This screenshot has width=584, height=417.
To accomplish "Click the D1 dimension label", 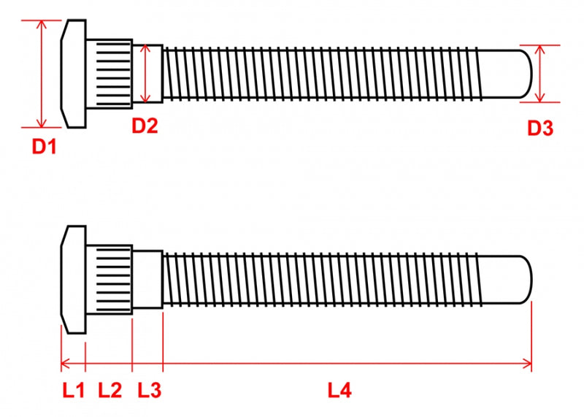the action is [44, 146].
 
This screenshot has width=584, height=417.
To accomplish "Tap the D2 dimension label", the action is [145, 126].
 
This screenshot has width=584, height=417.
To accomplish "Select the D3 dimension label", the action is [540, 129].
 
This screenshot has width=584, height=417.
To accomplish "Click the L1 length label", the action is [73, 390].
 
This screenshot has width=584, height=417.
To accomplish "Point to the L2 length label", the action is [110, 390].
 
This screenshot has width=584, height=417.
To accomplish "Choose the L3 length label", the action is [150, 390].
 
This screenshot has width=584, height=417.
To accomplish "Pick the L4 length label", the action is [339, 390].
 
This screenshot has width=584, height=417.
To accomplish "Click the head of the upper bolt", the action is [74, 74].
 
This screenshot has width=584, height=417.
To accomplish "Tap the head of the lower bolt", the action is [74, 280].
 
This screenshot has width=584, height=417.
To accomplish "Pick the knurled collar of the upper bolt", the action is [109, 74].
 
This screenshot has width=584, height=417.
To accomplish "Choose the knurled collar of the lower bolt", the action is [109, 280].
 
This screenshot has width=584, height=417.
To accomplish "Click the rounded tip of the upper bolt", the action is [525, 74].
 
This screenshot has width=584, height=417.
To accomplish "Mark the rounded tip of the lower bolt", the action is [525, 280].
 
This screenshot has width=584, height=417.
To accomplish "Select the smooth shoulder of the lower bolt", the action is [148, 280].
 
